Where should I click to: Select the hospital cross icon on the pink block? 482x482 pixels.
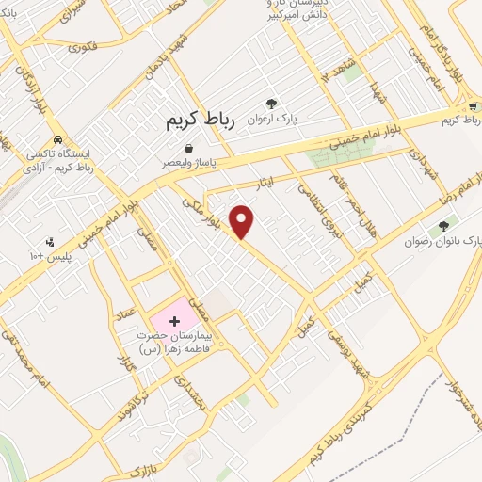(x=174, y=322)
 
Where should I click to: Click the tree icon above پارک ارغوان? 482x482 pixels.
(x=272, y=104)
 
